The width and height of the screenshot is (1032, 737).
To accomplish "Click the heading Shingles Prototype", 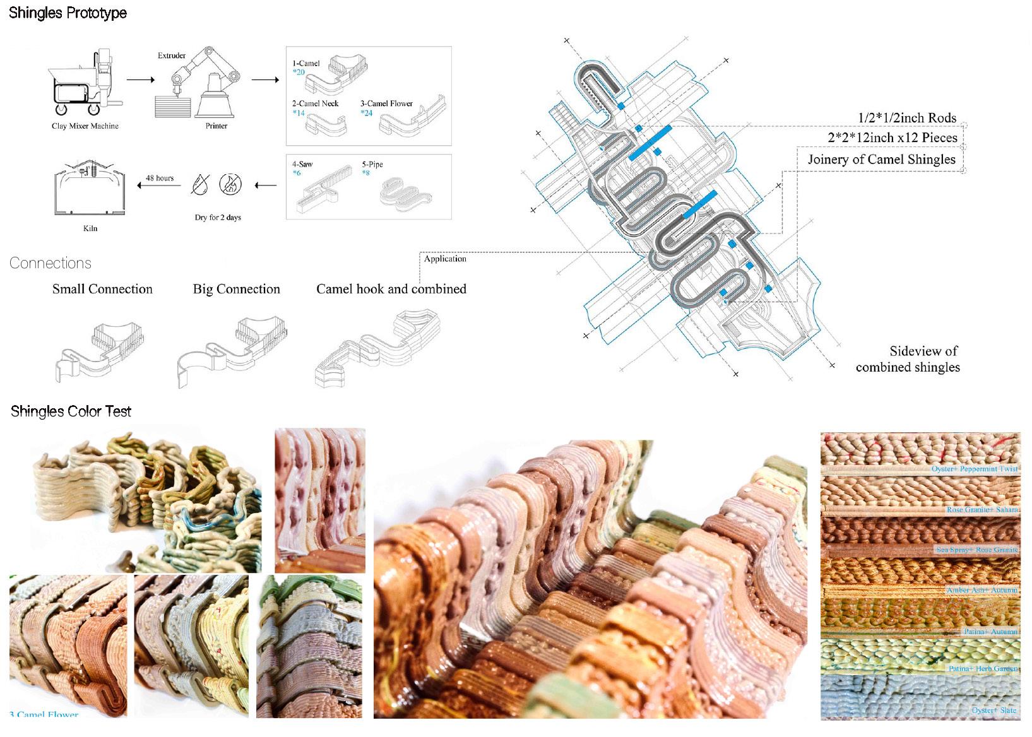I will [68, 13].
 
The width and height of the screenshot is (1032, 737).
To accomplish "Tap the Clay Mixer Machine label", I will [85, 126].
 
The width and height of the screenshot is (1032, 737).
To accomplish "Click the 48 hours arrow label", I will [160, 179].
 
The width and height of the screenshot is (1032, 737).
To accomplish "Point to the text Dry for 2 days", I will [218, 218].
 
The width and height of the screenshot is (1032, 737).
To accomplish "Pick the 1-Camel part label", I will [306, 64].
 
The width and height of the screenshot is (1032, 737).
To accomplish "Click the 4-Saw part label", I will [302, 165].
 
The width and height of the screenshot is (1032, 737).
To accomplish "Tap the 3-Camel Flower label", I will [386, 104].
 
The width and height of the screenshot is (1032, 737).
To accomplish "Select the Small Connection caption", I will [102, 289].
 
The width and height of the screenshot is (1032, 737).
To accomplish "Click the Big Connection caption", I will [237, 289].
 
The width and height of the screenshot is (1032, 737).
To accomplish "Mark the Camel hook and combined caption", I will [391, 289].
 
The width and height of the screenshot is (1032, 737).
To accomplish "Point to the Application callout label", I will [445, 259].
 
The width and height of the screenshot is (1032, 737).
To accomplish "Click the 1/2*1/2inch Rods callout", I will [907, 118].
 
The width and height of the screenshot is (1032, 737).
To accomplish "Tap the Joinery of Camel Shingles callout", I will [882, 160].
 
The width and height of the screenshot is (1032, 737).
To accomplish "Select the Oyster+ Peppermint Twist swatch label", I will [975, 469].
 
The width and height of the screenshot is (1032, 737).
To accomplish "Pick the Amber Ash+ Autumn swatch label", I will [982, 590].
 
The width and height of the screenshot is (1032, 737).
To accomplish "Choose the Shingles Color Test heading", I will [71, 412].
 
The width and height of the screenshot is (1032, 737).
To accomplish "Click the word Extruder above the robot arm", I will [172, 56].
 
